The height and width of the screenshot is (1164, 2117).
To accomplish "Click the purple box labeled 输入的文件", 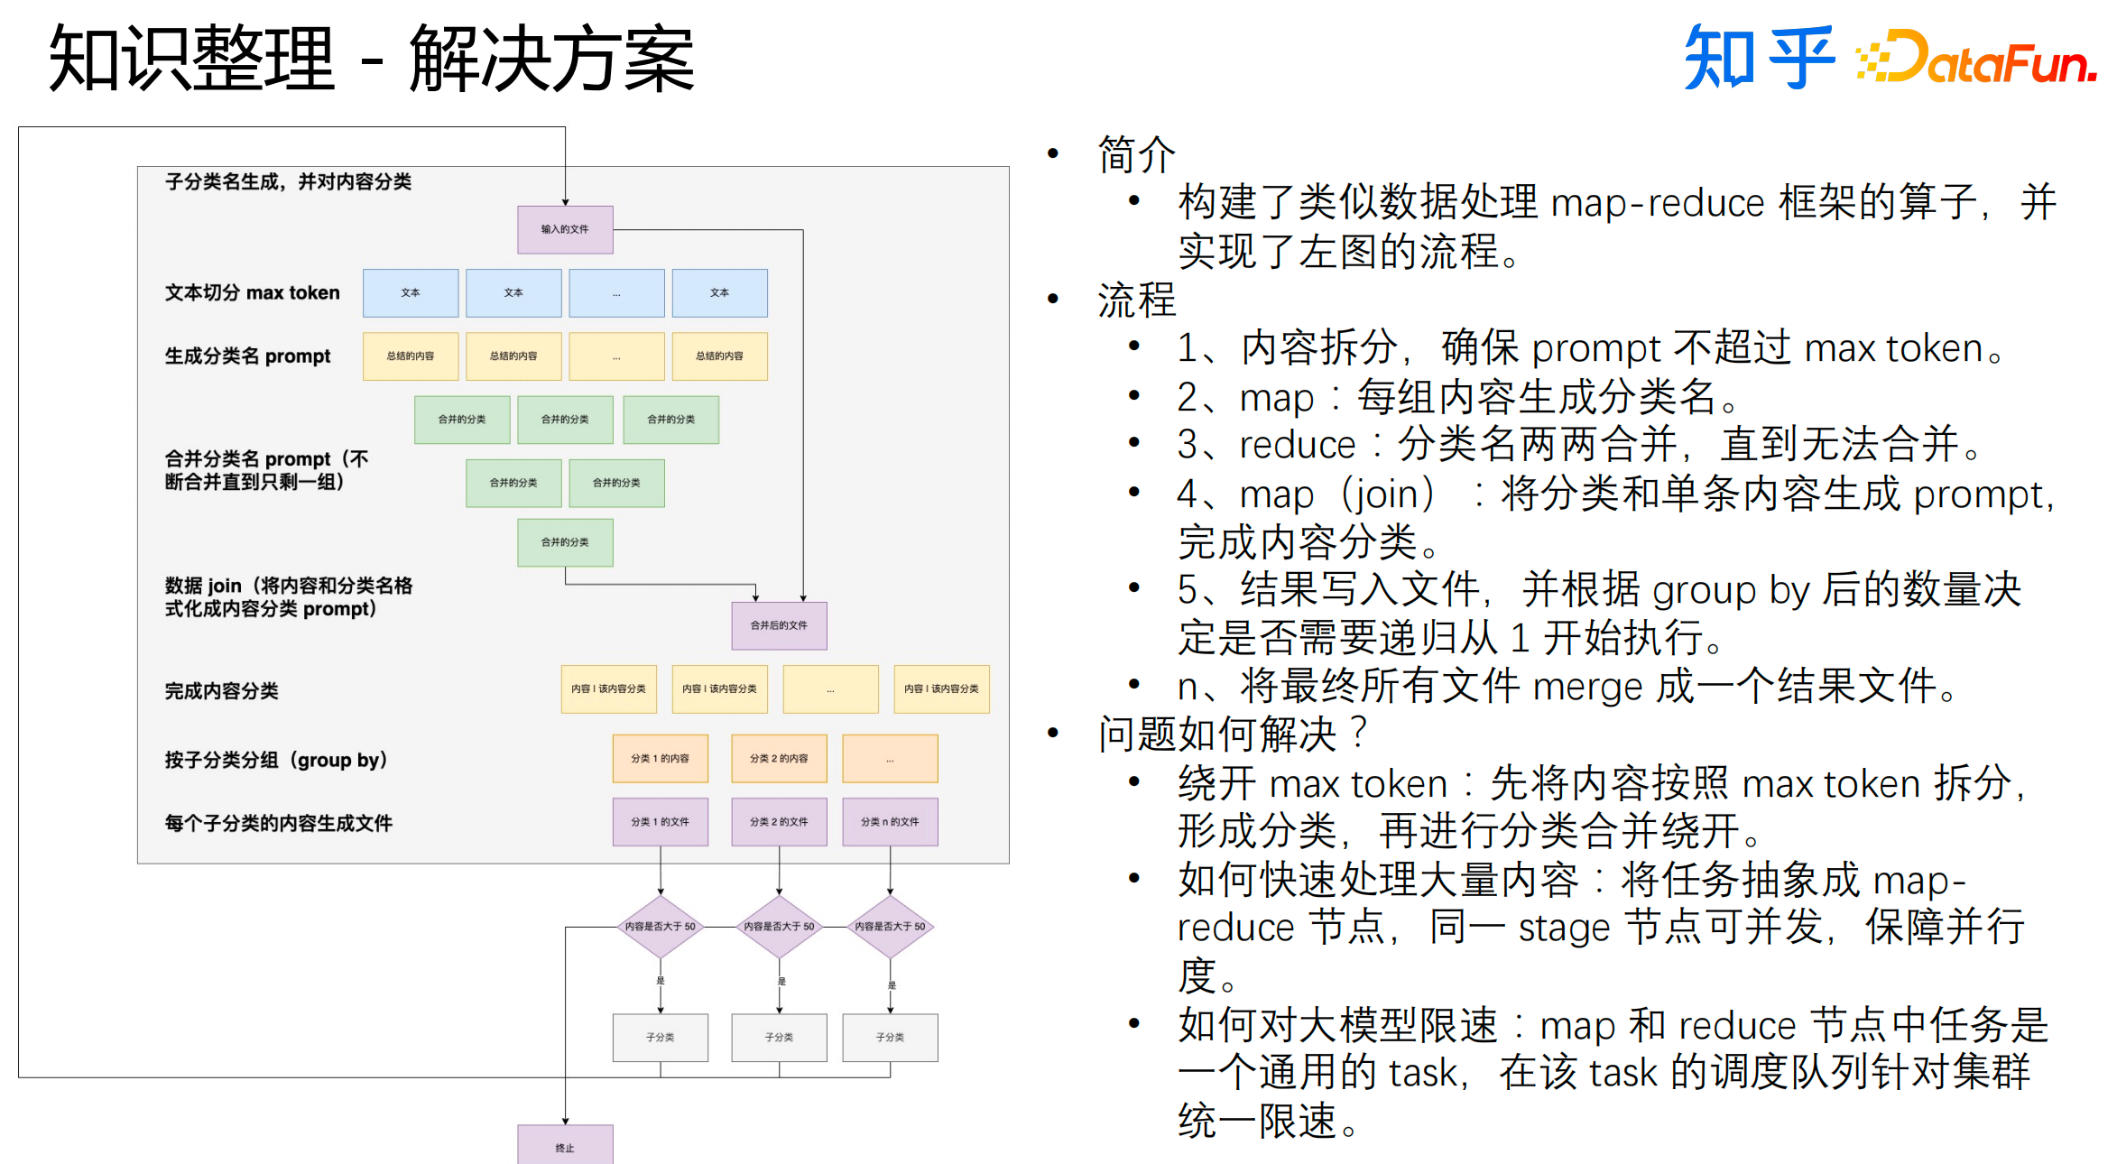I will point(565,229).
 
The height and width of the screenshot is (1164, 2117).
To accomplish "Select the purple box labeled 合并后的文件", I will point(779,625).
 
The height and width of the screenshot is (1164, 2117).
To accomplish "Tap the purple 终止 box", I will point(565,1145).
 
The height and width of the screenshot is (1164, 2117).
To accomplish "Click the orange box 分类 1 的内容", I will point(660,758).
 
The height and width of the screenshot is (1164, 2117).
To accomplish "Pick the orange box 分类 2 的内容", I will point(779,758).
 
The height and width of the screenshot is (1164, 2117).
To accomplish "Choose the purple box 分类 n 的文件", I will point(890,821).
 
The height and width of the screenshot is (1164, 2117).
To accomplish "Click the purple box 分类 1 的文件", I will point(660,821).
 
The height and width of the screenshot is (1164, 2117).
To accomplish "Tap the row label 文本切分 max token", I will point(253,292).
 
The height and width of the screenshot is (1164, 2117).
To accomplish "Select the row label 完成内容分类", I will point(222,690).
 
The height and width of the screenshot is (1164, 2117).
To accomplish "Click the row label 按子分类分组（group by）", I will point(276,760).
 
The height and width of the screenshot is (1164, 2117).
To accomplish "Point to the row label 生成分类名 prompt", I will point(248,356).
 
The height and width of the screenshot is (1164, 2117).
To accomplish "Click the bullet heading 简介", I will point(1136,154).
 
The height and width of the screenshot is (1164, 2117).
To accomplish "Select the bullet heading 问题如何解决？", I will point(1233,734).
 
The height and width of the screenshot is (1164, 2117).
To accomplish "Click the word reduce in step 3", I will point(1297,445).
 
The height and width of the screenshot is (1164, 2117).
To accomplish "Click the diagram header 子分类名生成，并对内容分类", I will point(288,181).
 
